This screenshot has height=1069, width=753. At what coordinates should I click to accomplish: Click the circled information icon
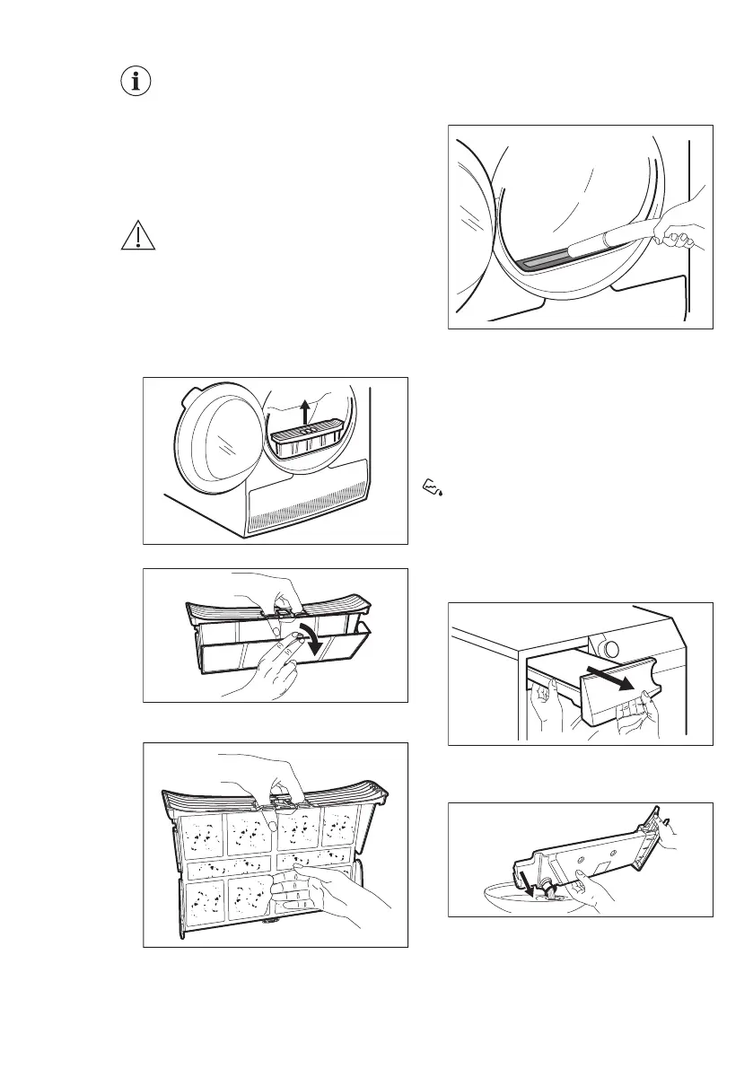coord(136,82)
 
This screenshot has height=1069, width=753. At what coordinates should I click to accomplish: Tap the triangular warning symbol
coord(136,236)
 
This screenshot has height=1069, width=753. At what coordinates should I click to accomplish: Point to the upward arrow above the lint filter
coord(306,414)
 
